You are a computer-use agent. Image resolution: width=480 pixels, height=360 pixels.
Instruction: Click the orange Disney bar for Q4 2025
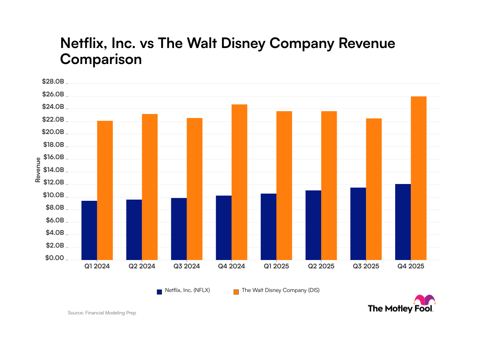click(418, 178)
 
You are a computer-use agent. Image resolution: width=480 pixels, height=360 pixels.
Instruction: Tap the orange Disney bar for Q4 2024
click(239, 182)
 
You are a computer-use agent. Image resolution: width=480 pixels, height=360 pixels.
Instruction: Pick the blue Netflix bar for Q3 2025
click(358, 224)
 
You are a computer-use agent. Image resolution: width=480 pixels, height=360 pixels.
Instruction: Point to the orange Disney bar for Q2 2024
click(150, 187)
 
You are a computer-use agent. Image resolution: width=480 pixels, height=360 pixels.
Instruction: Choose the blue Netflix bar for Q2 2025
click(313, 225)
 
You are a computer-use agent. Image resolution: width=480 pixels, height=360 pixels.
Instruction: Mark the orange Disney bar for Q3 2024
click(194, 189)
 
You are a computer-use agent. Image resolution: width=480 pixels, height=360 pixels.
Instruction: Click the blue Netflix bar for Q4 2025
click(403, 222)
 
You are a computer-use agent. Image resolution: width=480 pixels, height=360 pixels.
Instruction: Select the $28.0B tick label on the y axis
click(53, 82)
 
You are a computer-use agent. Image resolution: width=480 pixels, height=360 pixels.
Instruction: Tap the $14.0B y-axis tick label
click(53, 170)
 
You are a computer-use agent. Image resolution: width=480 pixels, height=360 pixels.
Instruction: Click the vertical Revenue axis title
click(38, 170)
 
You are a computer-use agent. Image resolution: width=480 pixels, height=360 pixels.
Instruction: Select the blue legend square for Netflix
click(159, 291)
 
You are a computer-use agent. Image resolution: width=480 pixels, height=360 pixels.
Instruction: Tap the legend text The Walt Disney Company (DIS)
click(280, 291)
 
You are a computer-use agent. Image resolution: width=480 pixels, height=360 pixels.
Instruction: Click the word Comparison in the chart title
click(101, 59)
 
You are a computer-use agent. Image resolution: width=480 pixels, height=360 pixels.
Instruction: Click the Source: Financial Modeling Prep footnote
click(102, 313)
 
